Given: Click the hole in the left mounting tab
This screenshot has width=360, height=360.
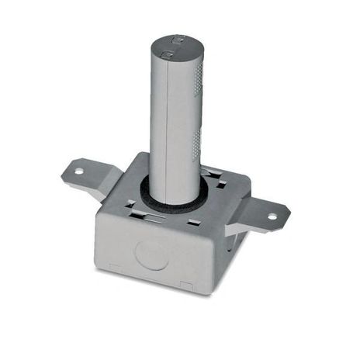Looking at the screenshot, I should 78,171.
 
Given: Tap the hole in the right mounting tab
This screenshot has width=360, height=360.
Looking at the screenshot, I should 272,216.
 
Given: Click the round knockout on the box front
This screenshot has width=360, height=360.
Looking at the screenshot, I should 151,254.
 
